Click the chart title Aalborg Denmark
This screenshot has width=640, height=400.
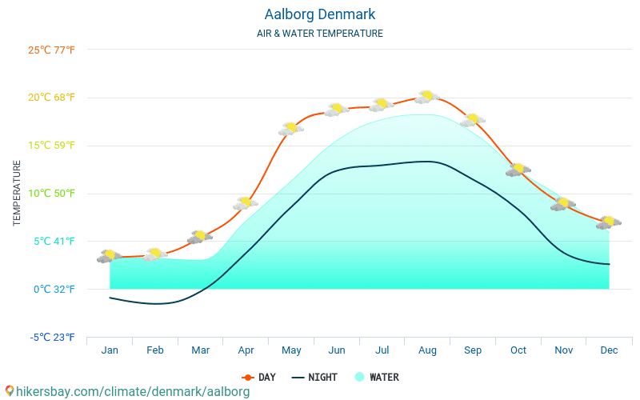(319, 14)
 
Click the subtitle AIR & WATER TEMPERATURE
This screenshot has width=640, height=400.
(319, 34)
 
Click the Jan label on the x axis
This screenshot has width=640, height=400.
(110, 350)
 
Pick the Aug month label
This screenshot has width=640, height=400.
(427, 350)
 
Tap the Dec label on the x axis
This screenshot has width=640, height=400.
(609, 350)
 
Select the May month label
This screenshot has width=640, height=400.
(291, 350)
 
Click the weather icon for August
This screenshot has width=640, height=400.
(427, 97)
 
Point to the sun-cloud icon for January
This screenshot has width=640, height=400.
(110, 256)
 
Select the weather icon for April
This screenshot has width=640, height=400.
(246, 203)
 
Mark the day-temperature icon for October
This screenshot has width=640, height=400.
(518, 170)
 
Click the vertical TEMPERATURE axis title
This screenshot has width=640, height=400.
(17, 193)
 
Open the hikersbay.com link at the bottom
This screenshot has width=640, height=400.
(127, 392)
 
